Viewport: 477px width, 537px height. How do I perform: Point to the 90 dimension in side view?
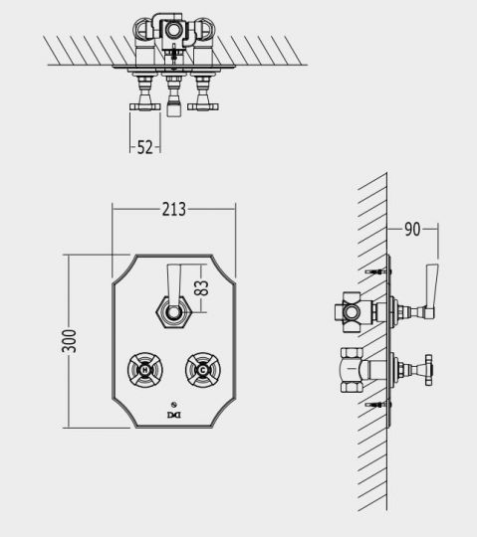click(x=411, y=229)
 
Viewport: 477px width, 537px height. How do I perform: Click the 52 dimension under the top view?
click(x=145, y=146)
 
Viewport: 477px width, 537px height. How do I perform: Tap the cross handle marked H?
click(x=146, y=371)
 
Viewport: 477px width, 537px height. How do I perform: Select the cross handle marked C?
click(x=201, y=371)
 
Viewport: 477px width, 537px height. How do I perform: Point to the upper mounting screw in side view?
click(x=375, y=271)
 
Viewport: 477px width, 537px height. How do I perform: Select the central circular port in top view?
click(x=175, y=32)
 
